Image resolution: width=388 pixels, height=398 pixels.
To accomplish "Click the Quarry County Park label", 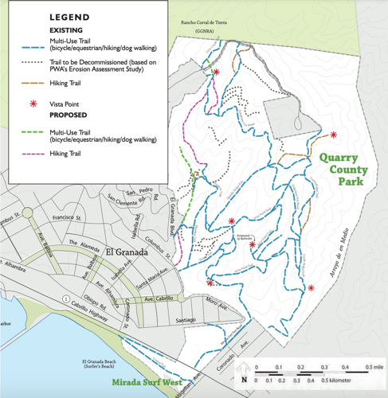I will click(341, 170).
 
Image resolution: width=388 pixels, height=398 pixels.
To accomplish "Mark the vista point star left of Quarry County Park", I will click(333, 134).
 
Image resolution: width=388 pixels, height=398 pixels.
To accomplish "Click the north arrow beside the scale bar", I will click(244, 378).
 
